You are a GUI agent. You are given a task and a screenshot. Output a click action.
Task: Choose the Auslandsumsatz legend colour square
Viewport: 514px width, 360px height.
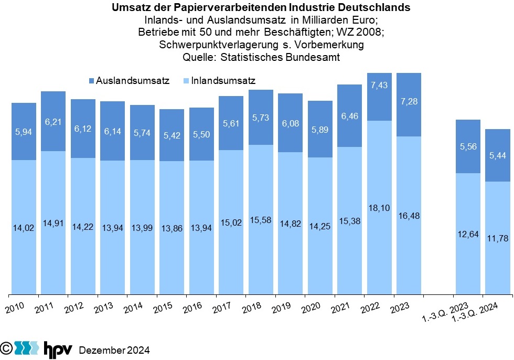91,81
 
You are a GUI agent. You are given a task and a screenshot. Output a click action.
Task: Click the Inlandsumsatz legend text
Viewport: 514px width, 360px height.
223,81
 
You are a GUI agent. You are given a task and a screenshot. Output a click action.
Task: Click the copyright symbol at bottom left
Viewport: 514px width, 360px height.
6,347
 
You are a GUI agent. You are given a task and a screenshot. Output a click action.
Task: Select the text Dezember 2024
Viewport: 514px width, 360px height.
114,350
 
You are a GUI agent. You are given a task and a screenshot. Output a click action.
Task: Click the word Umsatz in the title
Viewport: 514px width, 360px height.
129,8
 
